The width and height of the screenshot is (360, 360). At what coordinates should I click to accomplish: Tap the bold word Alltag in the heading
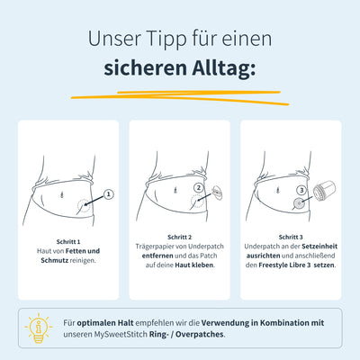click(224, 69)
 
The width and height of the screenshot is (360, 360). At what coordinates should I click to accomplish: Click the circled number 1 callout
click(109, 194)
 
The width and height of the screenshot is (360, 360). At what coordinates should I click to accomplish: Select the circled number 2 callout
click(199, 188)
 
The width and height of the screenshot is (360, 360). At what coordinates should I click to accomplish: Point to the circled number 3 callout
click(301, 190)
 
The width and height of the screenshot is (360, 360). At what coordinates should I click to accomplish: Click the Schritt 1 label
click(68, 242)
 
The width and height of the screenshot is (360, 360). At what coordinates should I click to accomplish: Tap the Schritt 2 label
click(179, 238)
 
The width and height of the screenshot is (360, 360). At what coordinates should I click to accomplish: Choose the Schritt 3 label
click(291, 238)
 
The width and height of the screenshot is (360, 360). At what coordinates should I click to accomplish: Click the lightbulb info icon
click(39, 328)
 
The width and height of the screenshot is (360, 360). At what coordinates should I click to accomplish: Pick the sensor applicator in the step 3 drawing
click(324, 192)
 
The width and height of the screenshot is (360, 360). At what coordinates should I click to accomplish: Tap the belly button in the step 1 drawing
click(62, 194)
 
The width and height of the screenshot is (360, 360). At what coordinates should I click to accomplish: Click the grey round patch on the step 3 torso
click(299, 204)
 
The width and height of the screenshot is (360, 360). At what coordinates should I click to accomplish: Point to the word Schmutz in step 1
click(55, 260)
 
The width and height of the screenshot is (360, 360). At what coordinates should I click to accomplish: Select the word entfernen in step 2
click(157, 256)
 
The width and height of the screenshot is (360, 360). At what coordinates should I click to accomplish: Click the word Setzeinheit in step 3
click(319, 247)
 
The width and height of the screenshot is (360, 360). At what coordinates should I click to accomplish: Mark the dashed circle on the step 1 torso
click(84, 205)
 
